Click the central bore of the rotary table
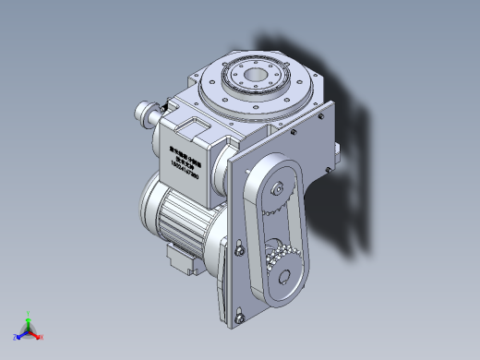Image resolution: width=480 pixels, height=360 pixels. pos(255,74)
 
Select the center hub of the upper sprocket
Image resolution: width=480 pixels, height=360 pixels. pos(278,191)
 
